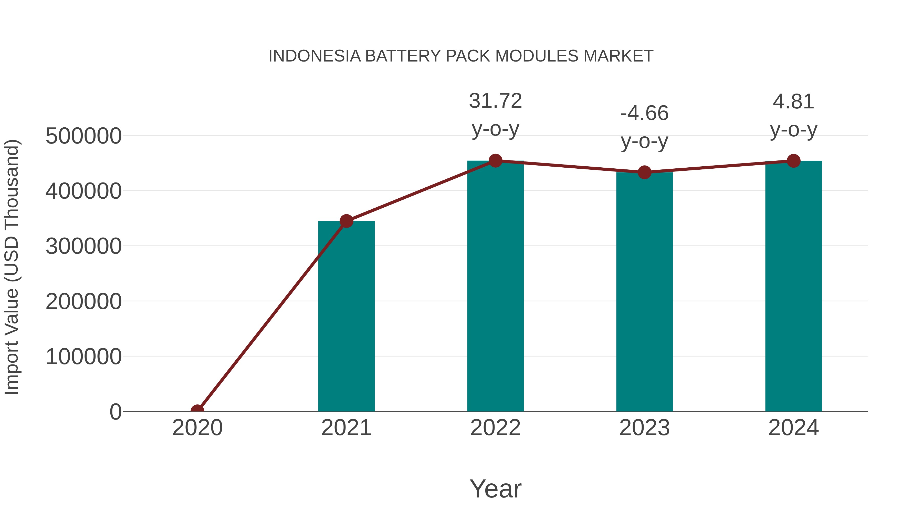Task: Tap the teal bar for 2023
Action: [x=644, y=292]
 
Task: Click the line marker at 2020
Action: [x=197, y=411]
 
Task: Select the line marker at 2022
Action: [x=495, y=161]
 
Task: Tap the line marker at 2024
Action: [x=793, y=161]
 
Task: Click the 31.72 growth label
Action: [x=495, y=101]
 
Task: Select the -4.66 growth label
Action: [x=644, y=114]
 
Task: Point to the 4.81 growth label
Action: [x=793, y=102]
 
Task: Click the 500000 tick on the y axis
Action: [x=83, y=136]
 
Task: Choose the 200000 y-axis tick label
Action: [x=83, y=302]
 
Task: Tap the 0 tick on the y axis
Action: [x=115, y=412]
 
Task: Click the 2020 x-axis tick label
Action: [x=197, y=428]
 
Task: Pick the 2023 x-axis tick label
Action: [x=644, y=428]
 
